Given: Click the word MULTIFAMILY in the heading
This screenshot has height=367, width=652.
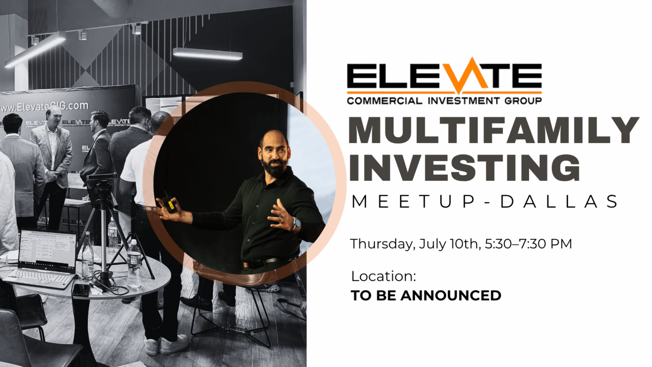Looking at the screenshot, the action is (x=494, y=130).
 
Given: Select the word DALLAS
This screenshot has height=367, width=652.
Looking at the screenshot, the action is (x=559, y=201).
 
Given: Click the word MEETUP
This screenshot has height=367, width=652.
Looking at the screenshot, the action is (x=414, y=201).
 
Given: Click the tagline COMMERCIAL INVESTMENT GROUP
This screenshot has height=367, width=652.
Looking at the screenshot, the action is (x=444, y=101).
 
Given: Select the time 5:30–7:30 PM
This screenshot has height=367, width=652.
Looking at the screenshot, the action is (x=528, y=244).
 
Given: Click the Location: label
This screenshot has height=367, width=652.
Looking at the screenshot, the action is (x=383, y=276).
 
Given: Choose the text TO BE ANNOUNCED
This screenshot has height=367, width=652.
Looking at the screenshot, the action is (x=426, y=295).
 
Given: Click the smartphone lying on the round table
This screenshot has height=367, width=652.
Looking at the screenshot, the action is (x=81, y=290).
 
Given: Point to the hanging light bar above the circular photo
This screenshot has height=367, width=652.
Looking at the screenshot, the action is (x=208, y=54).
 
